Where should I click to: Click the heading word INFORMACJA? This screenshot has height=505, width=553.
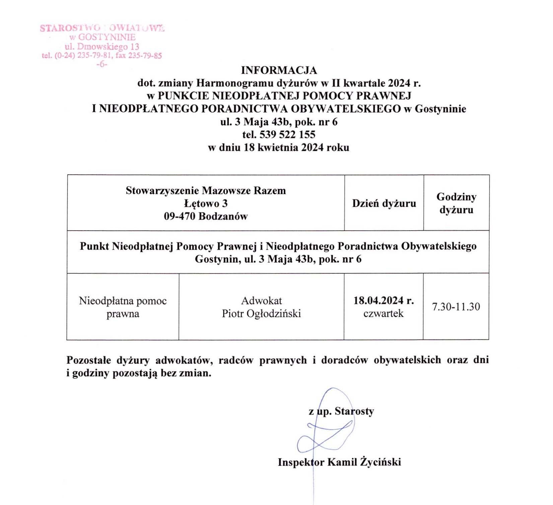(x=279, y=70)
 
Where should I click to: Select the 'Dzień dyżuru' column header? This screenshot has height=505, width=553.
(x=384, y=203)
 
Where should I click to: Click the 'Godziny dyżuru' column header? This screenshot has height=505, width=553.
(x=456, y=203)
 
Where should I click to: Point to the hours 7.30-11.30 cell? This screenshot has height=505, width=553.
(x=456, y=307)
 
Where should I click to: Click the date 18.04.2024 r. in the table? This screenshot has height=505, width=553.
(x=384, y=300)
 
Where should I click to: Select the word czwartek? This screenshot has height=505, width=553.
(x=384, y=314)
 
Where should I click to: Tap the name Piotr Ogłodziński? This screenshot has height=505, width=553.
(x=261, y=314)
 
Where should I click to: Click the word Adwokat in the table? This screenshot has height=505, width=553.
(x=261, y=301)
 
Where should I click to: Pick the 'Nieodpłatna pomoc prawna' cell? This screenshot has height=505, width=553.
(x=123, y=307)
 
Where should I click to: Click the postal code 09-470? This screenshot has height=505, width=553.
(x=180, y=216)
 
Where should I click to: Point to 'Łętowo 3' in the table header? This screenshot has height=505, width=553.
(x=206, y=203)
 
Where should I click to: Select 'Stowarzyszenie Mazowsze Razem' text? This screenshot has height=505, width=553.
(x=206, y=191)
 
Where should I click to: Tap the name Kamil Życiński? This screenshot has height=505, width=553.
(x=364, y=462)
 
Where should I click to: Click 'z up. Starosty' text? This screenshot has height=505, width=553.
(x=341, y=411)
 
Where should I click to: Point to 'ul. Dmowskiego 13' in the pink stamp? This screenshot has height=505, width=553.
(x=102, y=47)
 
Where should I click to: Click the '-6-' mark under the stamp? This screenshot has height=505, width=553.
(x=102, y=64)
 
